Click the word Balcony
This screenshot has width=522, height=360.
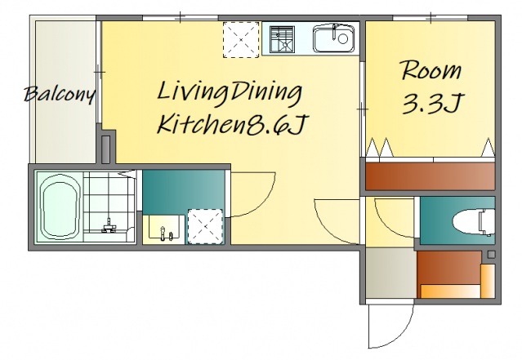pyautogui.click(x=60, y=95)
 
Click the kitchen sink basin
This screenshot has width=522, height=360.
pyautogui.click(x=333, y=38)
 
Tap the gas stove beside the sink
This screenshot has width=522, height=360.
pyautogui.click(x=283, y=39)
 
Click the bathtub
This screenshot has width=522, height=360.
pyautogui.click(x=61, y=207)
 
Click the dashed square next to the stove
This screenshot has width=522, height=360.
pyautogui.click(x=241, y=40)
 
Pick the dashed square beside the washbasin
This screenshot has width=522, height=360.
pyautogui.click(x=205, y=227)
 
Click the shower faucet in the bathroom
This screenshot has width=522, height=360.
pyautogui.click(x=109, y=226)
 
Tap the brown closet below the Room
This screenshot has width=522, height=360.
pyautogui.click(x=430, y=176)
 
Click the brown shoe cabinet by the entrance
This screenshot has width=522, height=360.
pyautogui.click(x=448, y=268)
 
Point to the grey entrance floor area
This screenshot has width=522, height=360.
pyautogui.click(x=391, y=273)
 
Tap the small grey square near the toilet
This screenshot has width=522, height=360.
pyautogui.click(x=492, y=255)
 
